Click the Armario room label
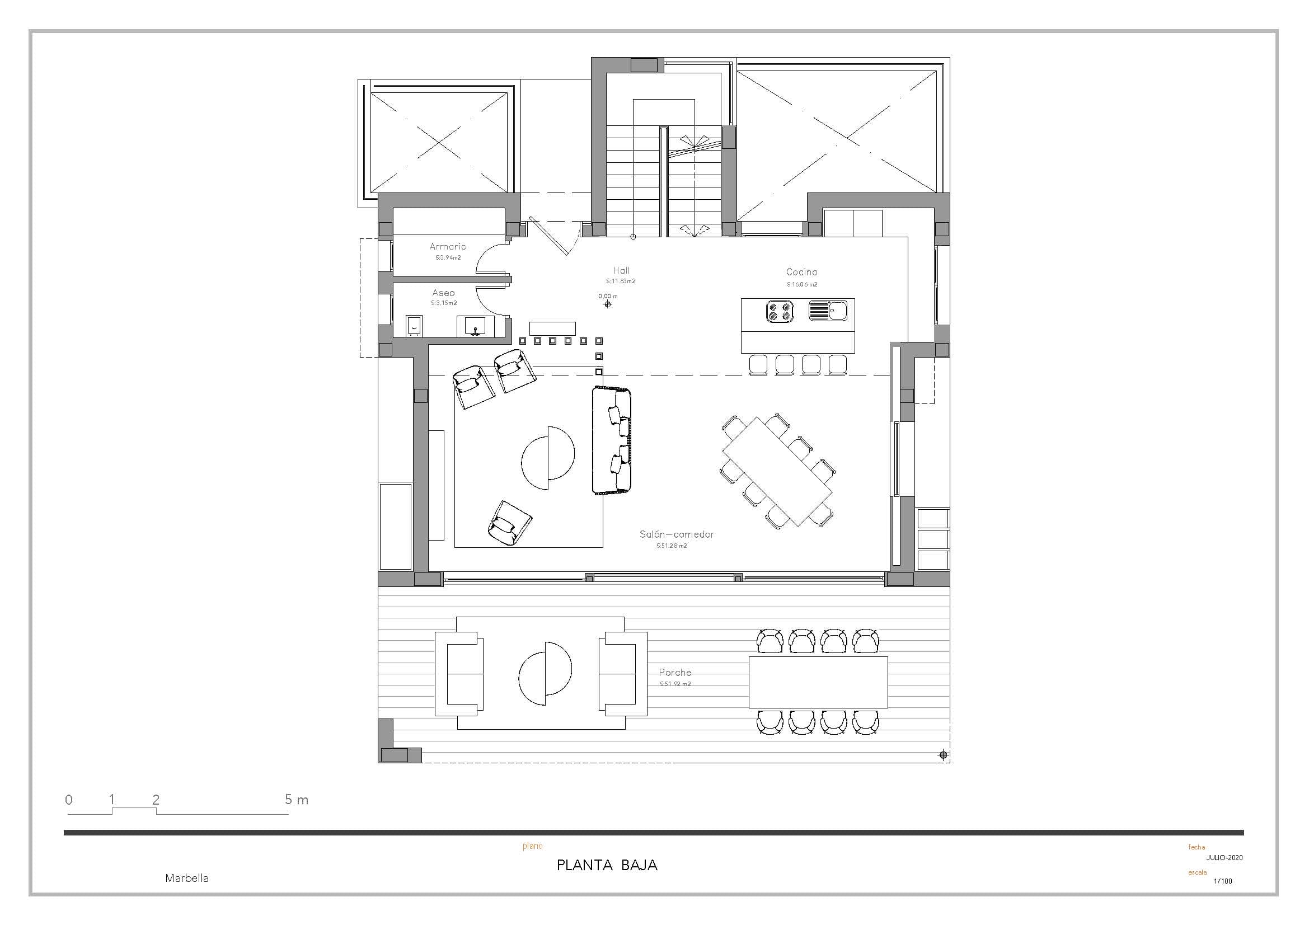point(448,246)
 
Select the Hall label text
point(621,271)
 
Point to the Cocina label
point(801,273)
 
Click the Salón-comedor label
point(676,534)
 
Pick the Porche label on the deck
point(675,673)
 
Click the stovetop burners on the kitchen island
point(780,311)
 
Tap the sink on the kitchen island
point(828,311)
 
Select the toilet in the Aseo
point(414,326)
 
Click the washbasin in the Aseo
point(475,326)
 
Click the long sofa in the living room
point(612,440)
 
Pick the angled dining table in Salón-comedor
point(778,471)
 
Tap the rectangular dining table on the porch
point(818,682)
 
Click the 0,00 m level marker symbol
point(607,304)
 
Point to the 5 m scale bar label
point(297,800)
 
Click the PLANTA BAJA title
point(607,865)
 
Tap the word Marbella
point(187,878)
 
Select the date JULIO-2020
point(1224,858)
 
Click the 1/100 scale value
point(1223,881)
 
